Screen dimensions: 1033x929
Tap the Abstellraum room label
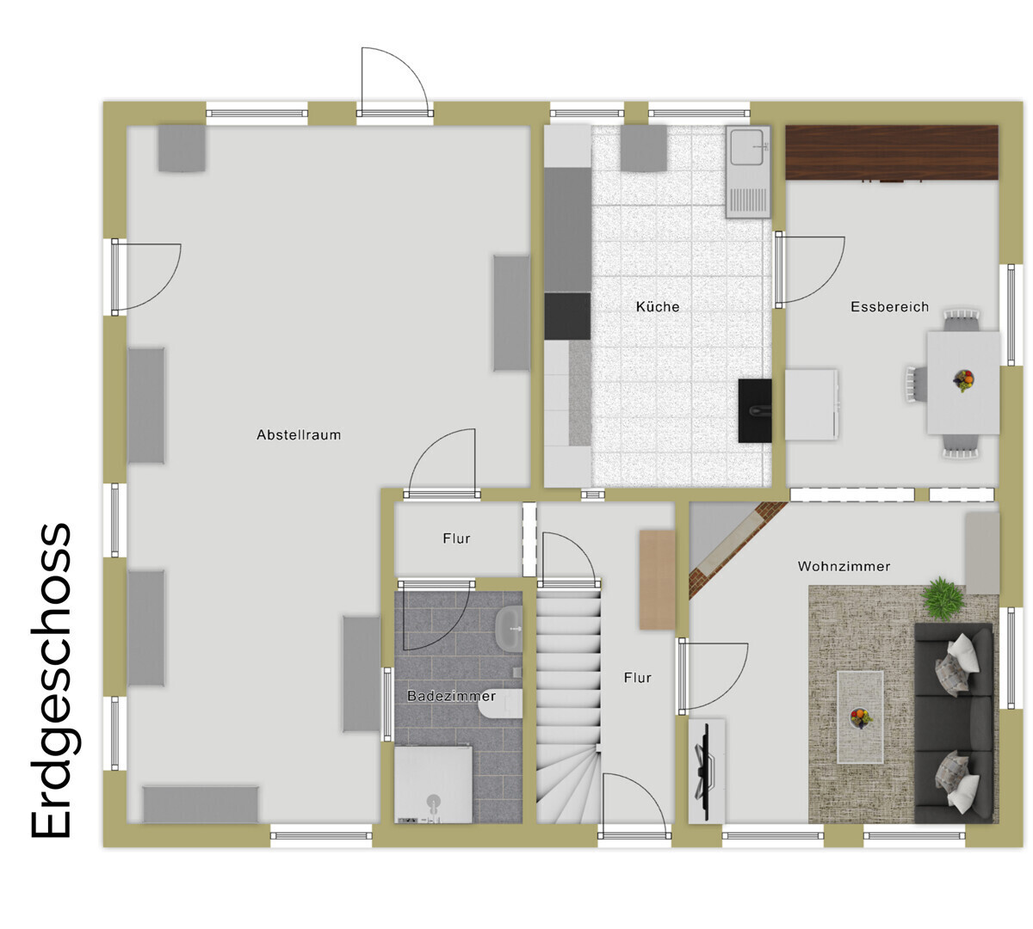tap(299, 435)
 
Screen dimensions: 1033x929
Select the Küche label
tap(658, 307)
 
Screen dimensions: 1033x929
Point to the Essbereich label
tap(889, 307)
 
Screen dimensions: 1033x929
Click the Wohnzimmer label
tap(844, 566)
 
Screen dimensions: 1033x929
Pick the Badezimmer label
tap(451, 696)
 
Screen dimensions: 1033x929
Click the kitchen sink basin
tap(745, 147)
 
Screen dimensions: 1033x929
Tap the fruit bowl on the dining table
tap(963, 381)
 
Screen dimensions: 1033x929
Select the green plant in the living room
tap(943, 596)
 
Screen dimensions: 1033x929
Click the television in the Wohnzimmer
tap(704, 769)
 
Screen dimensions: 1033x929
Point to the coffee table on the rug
tap(860, 717)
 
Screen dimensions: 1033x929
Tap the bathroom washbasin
tap(509, 630)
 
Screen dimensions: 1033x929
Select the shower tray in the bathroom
tap(433, 785)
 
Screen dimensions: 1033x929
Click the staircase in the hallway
tap(568, 704)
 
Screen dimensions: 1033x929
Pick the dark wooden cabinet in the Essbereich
tap(891, 153)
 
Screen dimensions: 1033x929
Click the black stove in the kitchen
tap(754, 410)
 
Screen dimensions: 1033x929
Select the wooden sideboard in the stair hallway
tap(657, 580)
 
